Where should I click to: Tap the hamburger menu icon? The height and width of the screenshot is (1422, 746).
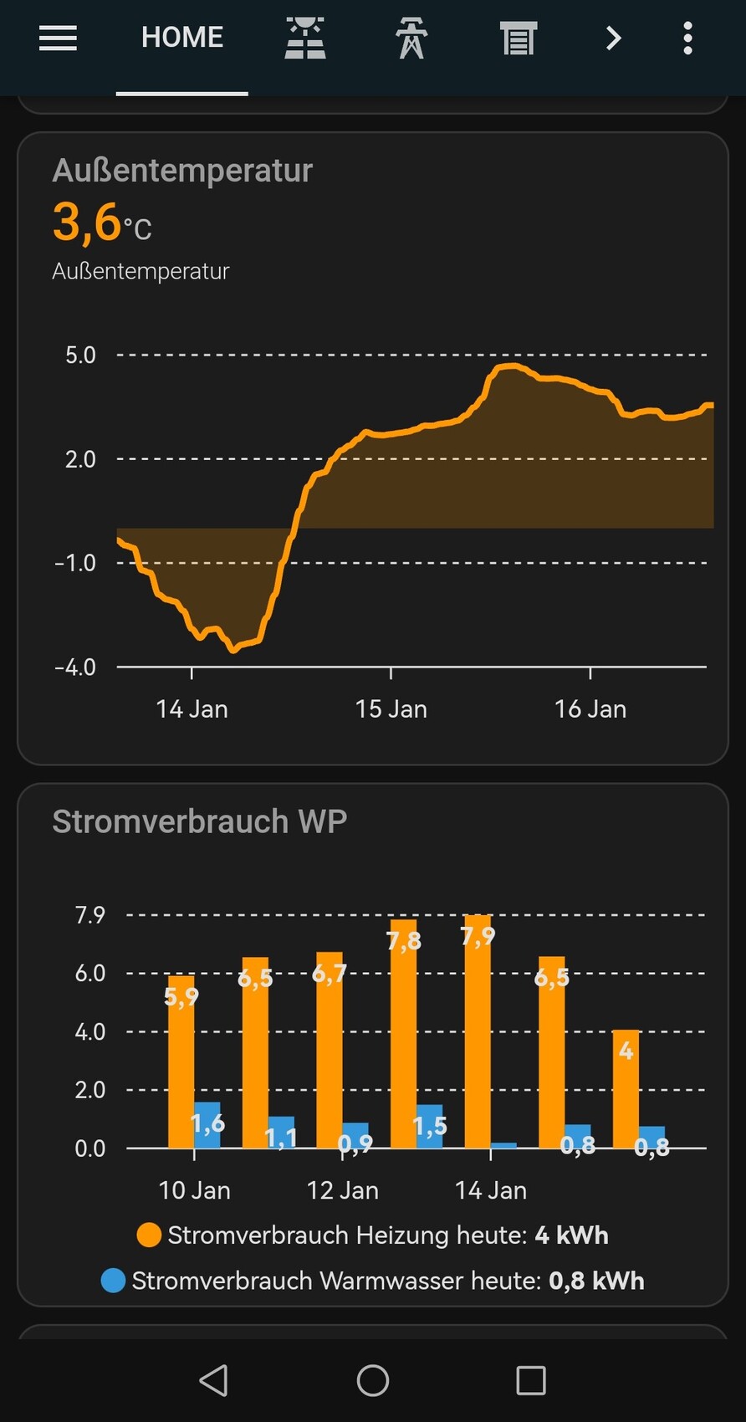58,38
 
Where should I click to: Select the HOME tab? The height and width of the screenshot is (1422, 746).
181,38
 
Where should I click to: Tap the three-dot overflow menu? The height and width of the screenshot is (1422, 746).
687,38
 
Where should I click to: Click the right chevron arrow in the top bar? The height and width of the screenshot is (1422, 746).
613,38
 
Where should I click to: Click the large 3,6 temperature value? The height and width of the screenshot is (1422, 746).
87,223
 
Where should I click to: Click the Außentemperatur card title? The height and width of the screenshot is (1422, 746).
182,171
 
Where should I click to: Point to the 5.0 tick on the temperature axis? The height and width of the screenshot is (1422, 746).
80,355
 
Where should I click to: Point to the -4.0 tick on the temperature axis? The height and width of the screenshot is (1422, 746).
75,668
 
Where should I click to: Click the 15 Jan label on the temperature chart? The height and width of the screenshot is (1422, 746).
391,709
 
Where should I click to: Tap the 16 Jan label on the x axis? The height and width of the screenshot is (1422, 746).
590,709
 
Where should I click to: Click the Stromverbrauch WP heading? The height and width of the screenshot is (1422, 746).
199,821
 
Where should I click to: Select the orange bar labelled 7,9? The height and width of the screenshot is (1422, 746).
478,1037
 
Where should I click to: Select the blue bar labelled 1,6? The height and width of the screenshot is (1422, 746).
207,1126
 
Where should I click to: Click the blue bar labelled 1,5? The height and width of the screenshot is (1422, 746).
430,1128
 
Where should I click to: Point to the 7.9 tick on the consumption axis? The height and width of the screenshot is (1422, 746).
90,915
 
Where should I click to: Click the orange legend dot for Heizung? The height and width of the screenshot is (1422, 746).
149,1235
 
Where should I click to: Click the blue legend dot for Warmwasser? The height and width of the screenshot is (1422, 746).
113,1281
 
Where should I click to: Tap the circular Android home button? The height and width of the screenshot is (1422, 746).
373,1380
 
